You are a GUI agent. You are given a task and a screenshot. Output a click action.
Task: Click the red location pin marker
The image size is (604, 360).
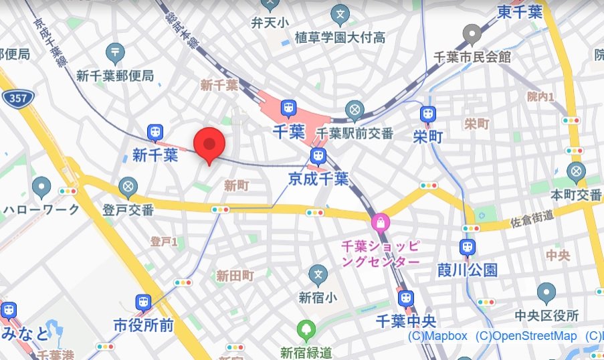pos(209,144)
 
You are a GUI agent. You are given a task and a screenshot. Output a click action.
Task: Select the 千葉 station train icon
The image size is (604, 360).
pos(288,108)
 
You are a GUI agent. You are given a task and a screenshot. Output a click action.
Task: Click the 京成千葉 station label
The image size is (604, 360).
pos(318,179)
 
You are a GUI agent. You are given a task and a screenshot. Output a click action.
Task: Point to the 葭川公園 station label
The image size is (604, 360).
pos(468,270)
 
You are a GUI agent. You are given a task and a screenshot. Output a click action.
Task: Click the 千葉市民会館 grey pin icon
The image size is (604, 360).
pos(473,33)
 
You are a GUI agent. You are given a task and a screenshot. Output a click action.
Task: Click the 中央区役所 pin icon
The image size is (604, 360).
pos(546,292)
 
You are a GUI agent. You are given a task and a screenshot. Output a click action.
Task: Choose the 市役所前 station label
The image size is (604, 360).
pos(143,325)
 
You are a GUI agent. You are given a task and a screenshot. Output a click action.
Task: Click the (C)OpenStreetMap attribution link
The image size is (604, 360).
pos(526,336)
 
